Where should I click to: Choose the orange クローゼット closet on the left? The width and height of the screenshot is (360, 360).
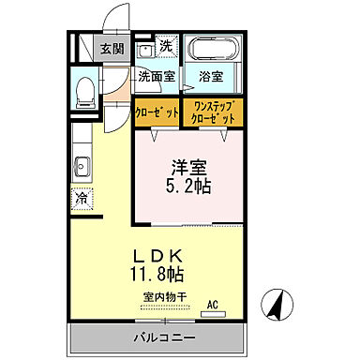pyautogui.click(x=156, y=112)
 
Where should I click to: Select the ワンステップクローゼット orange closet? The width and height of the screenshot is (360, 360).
pyautogui.click(x=213, y=112)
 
